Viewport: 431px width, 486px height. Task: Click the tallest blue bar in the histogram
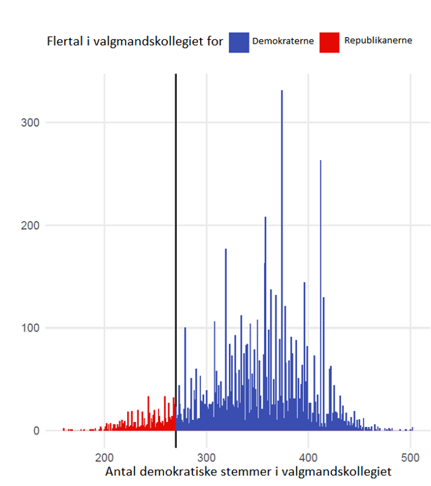coord(281,261)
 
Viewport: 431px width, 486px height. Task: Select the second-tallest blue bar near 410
coord(320,296)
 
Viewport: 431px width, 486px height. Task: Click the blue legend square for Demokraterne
coord(239,42)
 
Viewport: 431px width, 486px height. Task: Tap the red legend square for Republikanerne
coord(329,42)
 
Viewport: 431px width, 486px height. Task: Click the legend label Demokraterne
coord(283,41)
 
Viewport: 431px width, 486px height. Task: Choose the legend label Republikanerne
coord(378,40)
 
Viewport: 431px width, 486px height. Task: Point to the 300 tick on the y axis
coord(30,122)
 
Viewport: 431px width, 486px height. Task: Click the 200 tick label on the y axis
coord(30,225)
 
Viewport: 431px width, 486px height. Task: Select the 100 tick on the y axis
coord(30,328)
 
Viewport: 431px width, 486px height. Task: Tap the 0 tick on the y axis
coord(37,431)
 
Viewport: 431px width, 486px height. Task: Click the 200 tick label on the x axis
coord(105,457)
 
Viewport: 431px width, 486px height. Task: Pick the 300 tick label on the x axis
coord(206,457)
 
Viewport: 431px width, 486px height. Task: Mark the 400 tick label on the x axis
coord(308,457)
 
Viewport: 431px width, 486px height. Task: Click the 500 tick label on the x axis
coord(410,457)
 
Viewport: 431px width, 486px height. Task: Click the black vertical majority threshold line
coord(175,261)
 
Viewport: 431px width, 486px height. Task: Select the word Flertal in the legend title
coord(65,41)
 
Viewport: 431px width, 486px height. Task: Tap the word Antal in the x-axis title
coord(121,472)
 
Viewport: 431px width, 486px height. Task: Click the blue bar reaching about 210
coord(265,324)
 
